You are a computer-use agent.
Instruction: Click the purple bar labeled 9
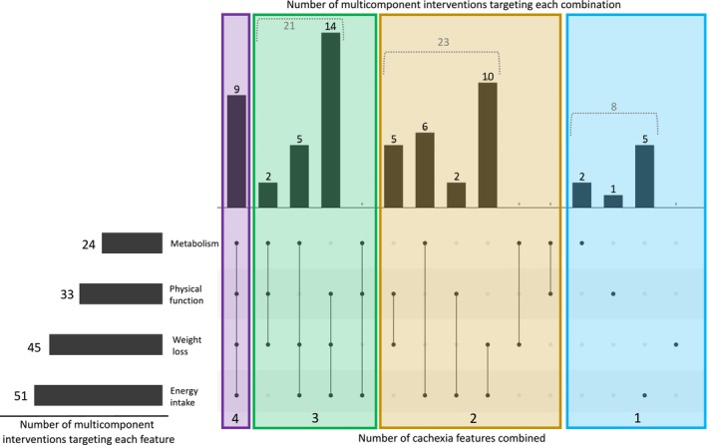point(236,152)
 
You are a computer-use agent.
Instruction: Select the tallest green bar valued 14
point(330,121)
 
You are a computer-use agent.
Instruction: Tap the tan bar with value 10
point(488,145)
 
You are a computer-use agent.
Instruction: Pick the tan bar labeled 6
point(425,170)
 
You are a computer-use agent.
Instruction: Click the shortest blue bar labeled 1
point(613,201)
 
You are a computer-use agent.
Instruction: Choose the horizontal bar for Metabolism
point(132,242)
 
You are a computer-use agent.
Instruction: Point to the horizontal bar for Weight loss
point(105,344)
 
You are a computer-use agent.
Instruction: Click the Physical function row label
point(185,293)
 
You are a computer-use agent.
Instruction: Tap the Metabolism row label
point(193,242)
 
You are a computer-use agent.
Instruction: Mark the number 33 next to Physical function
point(68,293)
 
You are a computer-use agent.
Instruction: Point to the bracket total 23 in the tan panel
point(442,43)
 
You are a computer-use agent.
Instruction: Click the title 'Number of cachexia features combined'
point(465,436)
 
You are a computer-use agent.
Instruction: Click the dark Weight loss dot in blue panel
point(676,344)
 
